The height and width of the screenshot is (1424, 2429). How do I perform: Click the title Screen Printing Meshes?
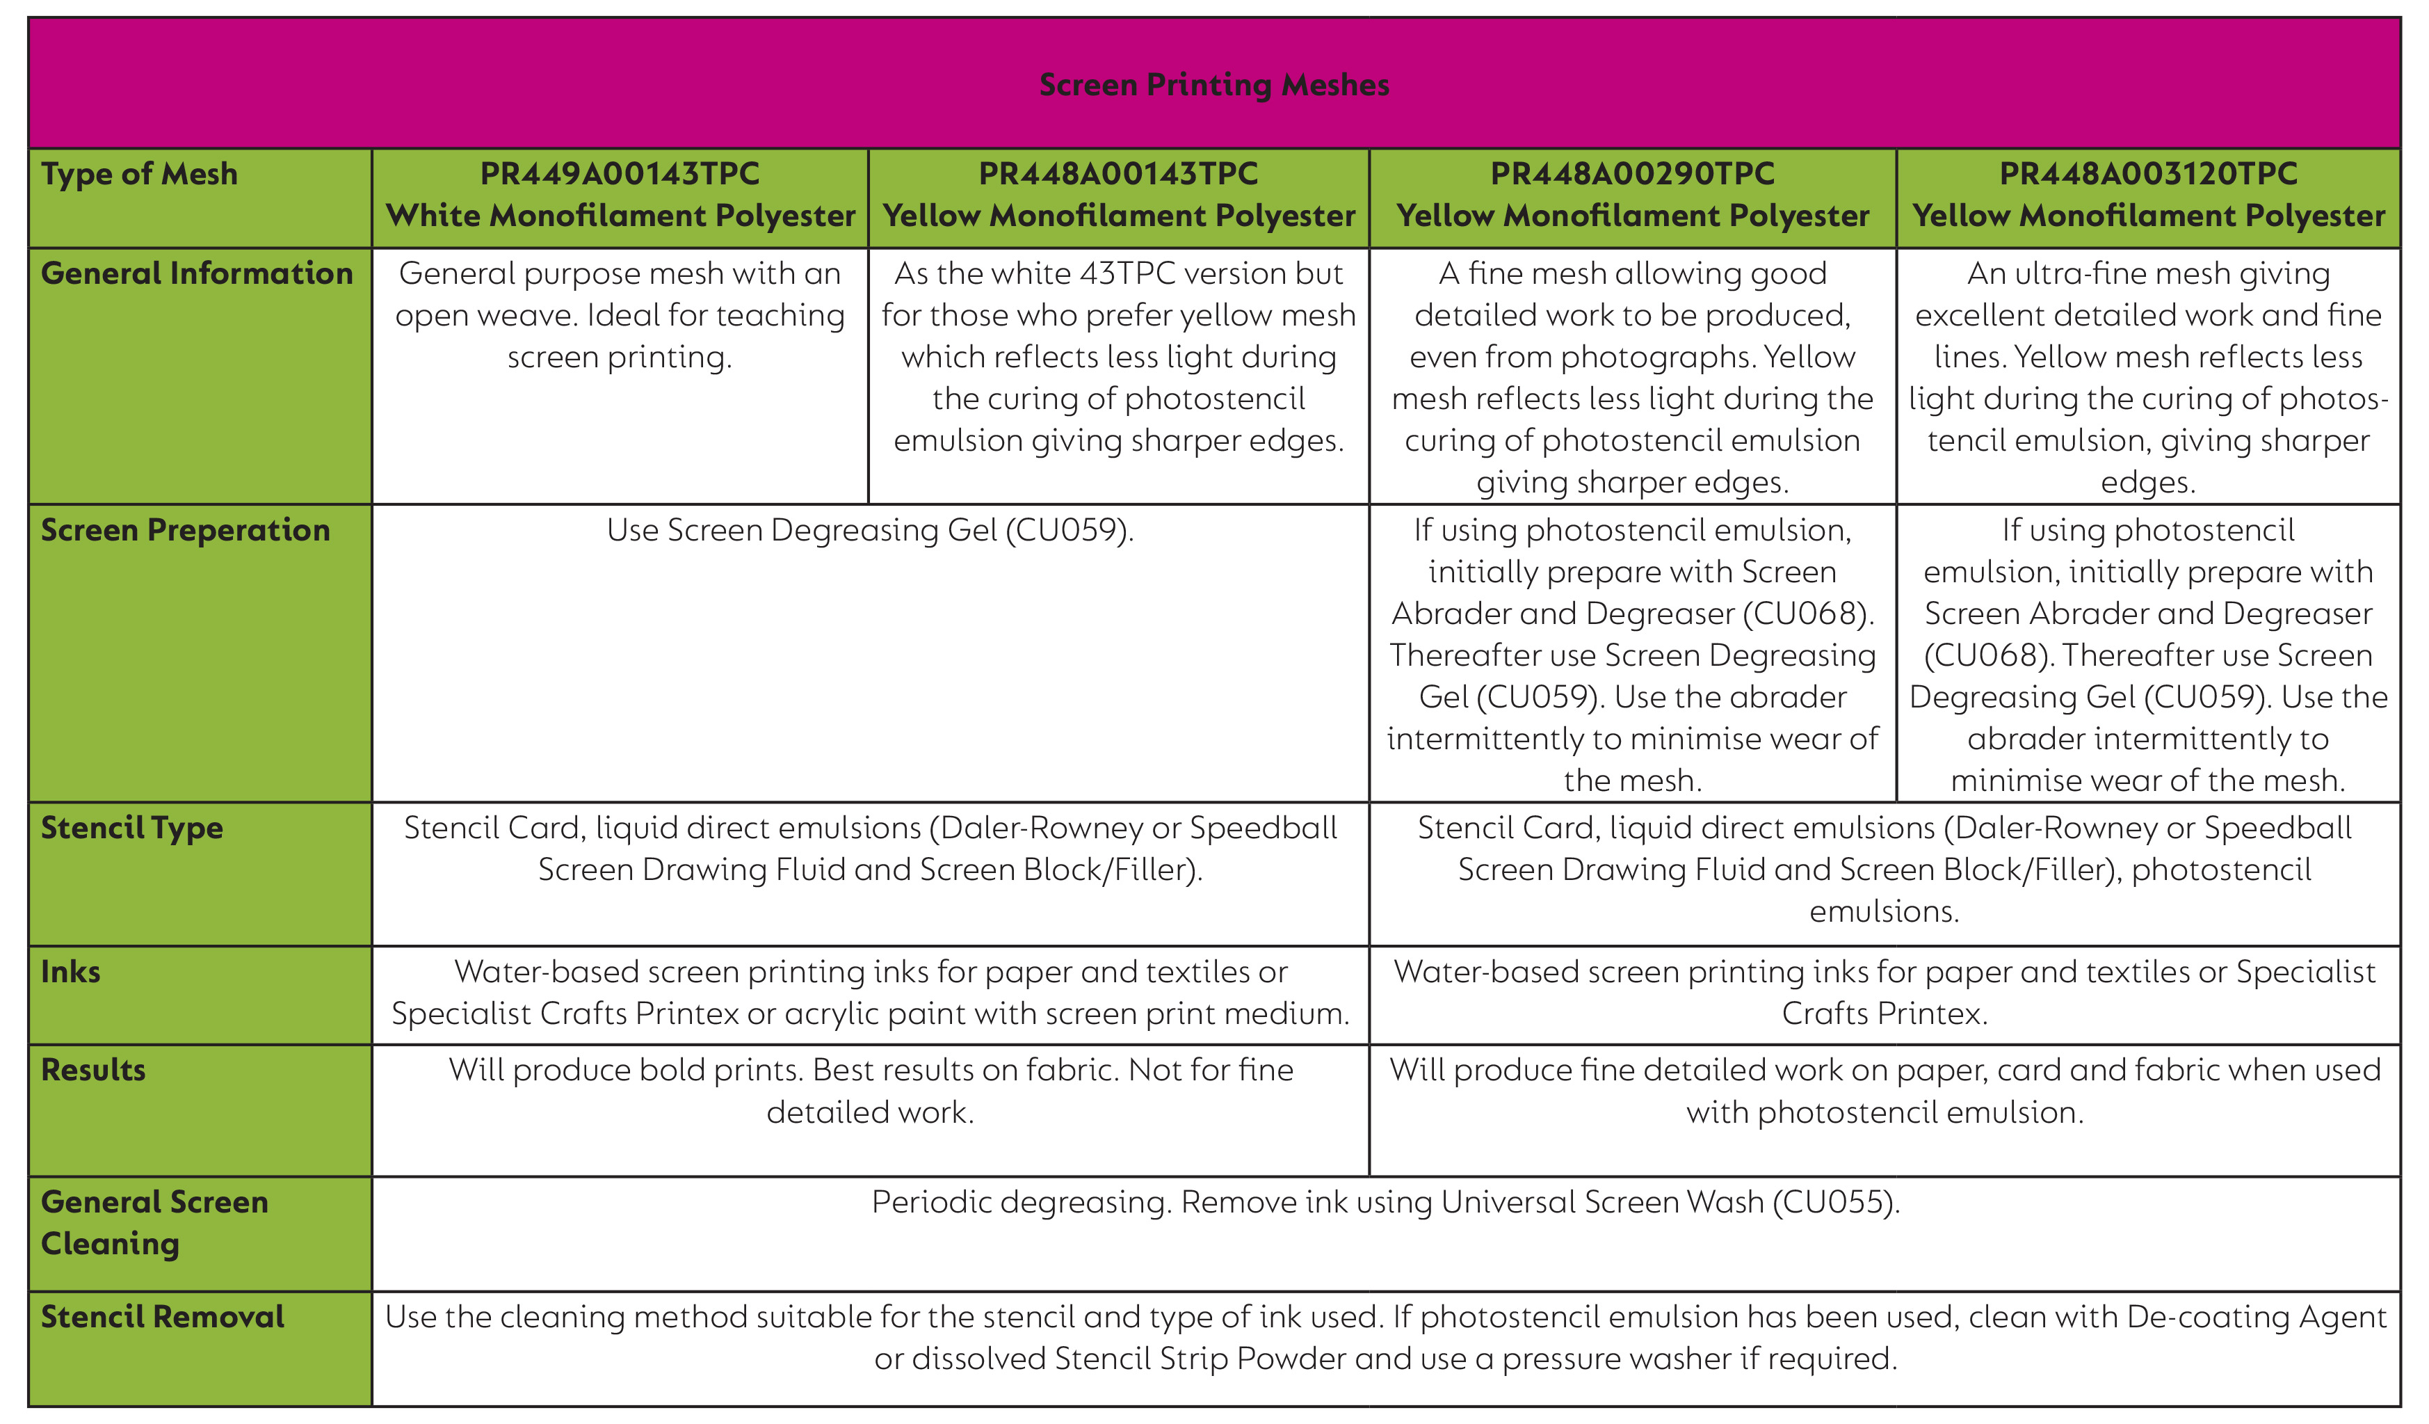(x=1213, y=85)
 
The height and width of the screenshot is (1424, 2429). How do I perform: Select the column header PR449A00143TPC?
(x=620, y=173)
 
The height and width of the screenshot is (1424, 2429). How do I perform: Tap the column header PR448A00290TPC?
(x=1632, y=173)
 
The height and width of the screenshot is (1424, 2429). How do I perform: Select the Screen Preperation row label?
(x=185, y=530)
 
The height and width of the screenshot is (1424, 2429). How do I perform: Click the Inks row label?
(x=70, y=972)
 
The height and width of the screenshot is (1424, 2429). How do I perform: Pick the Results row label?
(x=93, y=1070)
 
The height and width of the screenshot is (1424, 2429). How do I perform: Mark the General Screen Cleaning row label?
(x=154, y=1222)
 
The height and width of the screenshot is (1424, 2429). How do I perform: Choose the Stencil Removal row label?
(x=162, y=1317)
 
